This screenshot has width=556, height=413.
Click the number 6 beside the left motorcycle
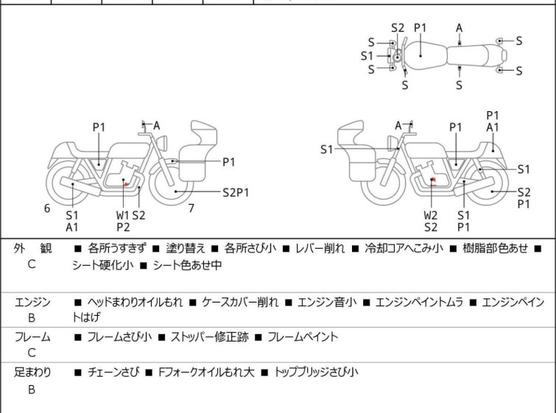(47, 208)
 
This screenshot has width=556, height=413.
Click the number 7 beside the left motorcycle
(191, 208)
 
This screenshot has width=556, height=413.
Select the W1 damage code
(122, 215)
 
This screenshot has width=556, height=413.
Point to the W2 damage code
(431, 215)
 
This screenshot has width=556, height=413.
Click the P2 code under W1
(122, 227)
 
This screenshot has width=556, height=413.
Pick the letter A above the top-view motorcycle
(460, 27)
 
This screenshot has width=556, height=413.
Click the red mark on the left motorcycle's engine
(127, 183)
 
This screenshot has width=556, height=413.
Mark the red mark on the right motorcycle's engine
(433, 180)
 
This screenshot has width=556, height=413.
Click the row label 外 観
(32, 248)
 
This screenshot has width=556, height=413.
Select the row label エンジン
(32, 302)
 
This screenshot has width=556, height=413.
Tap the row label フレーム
(32, 337)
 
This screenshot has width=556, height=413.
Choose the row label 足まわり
(32, 372)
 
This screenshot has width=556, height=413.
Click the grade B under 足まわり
(32, 389)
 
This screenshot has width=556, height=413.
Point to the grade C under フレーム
(32, 353)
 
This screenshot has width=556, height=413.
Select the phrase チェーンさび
(110, 372)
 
